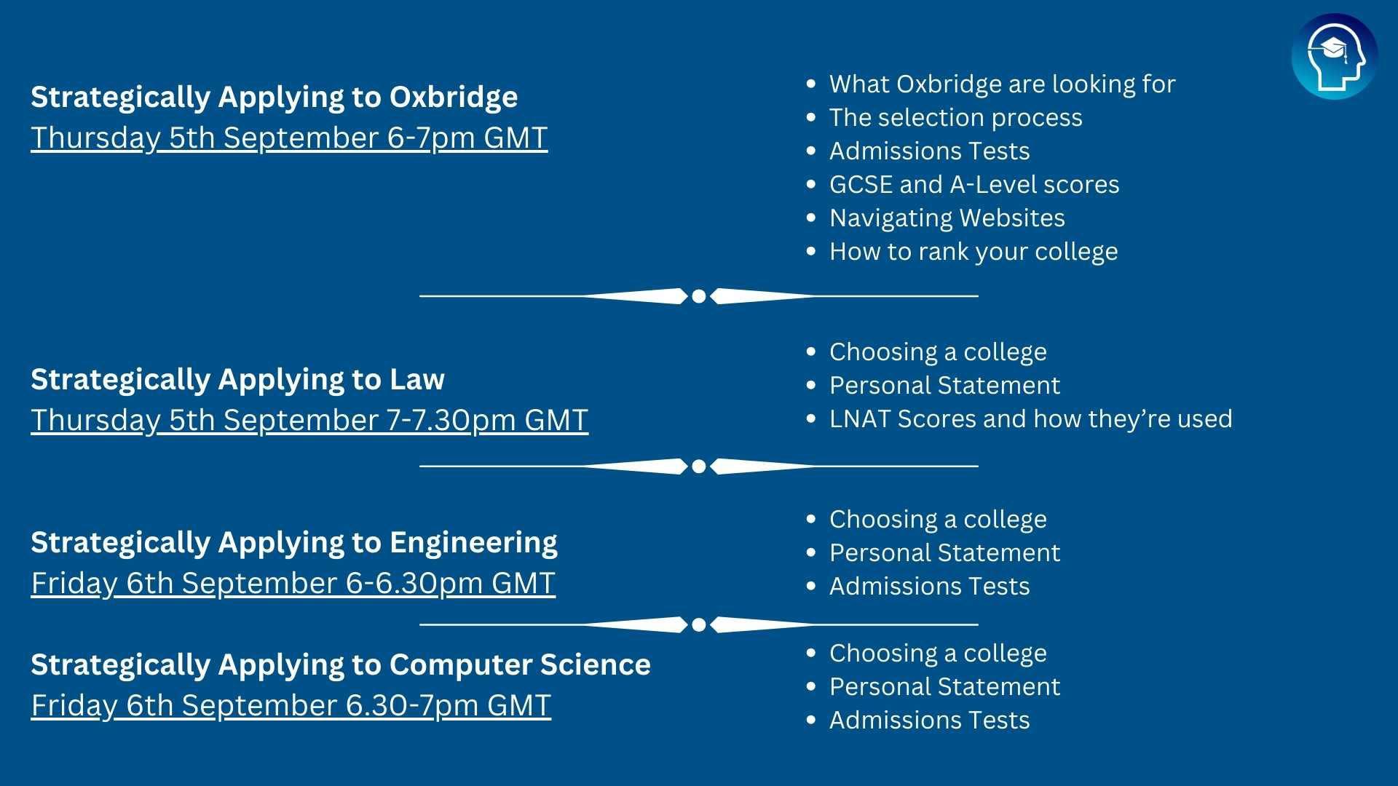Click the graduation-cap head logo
tap(1334, 57)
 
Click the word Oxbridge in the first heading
tap(454, 97)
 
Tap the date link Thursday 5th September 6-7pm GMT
tap(289, 138)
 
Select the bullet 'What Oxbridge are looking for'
tap(1002, 84)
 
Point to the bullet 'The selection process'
tap(955, 118)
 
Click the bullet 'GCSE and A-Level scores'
tap(974, 185)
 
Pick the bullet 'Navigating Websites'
tap(947, 218)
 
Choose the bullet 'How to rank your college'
tap(974, 252)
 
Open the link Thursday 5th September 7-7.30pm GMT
tap(309, 421)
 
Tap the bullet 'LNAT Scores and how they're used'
tap(1030, 419)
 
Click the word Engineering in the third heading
tap(473, 543)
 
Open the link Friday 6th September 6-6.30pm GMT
tap(293, 584)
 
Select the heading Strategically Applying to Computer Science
tap(341, 664)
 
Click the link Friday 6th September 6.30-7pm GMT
tap(291, 706)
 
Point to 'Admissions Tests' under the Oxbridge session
tap(929, 151)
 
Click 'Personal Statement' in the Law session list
tap(944, 386)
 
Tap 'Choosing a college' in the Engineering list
tap(938, 520)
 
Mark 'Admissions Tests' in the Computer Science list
tap(929, 720)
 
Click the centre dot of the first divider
tap(699, 296)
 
